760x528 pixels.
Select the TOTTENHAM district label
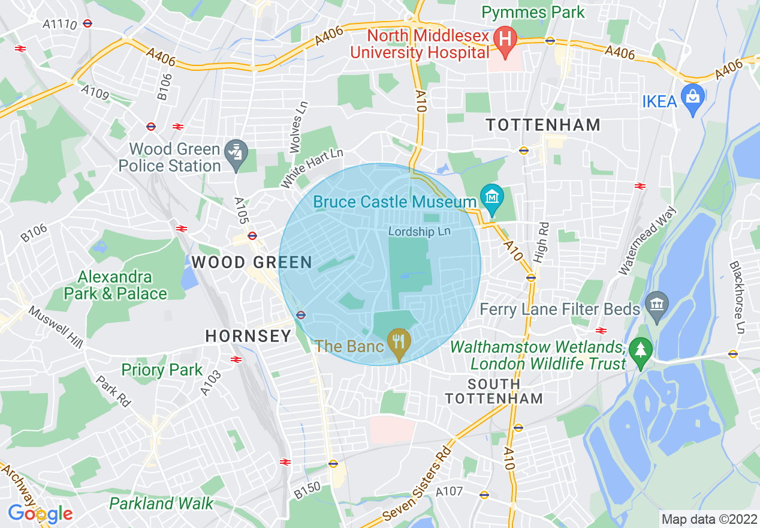point(543,125)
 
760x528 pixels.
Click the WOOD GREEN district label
point(252,262)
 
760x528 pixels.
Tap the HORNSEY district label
point(248,336)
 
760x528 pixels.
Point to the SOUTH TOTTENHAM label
point(494,391)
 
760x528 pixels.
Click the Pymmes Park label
point(533,12)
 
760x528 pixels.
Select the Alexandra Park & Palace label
point(116,285)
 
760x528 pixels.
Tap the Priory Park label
point(162,370)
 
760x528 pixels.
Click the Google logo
point(40,514)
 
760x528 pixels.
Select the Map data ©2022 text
point(708,518)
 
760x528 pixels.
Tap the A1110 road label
point(59,24)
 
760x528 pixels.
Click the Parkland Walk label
point(161,503)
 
